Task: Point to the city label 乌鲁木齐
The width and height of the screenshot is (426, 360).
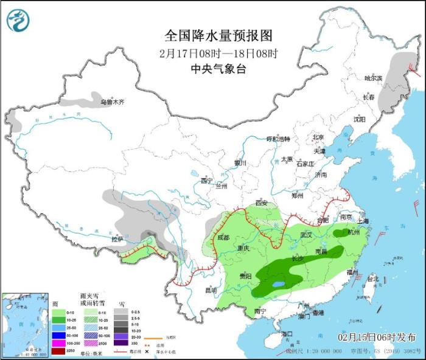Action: pos(112,102)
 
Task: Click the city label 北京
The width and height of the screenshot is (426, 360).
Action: pos(319,137)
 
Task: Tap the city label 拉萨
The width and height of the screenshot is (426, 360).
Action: pos(117,240)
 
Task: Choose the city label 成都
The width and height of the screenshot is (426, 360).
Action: pos(223,238)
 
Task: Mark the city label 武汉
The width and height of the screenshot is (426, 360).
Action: pos(306,235)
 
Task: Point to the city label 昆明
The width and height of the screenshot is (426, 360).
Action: pos(210,290)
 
